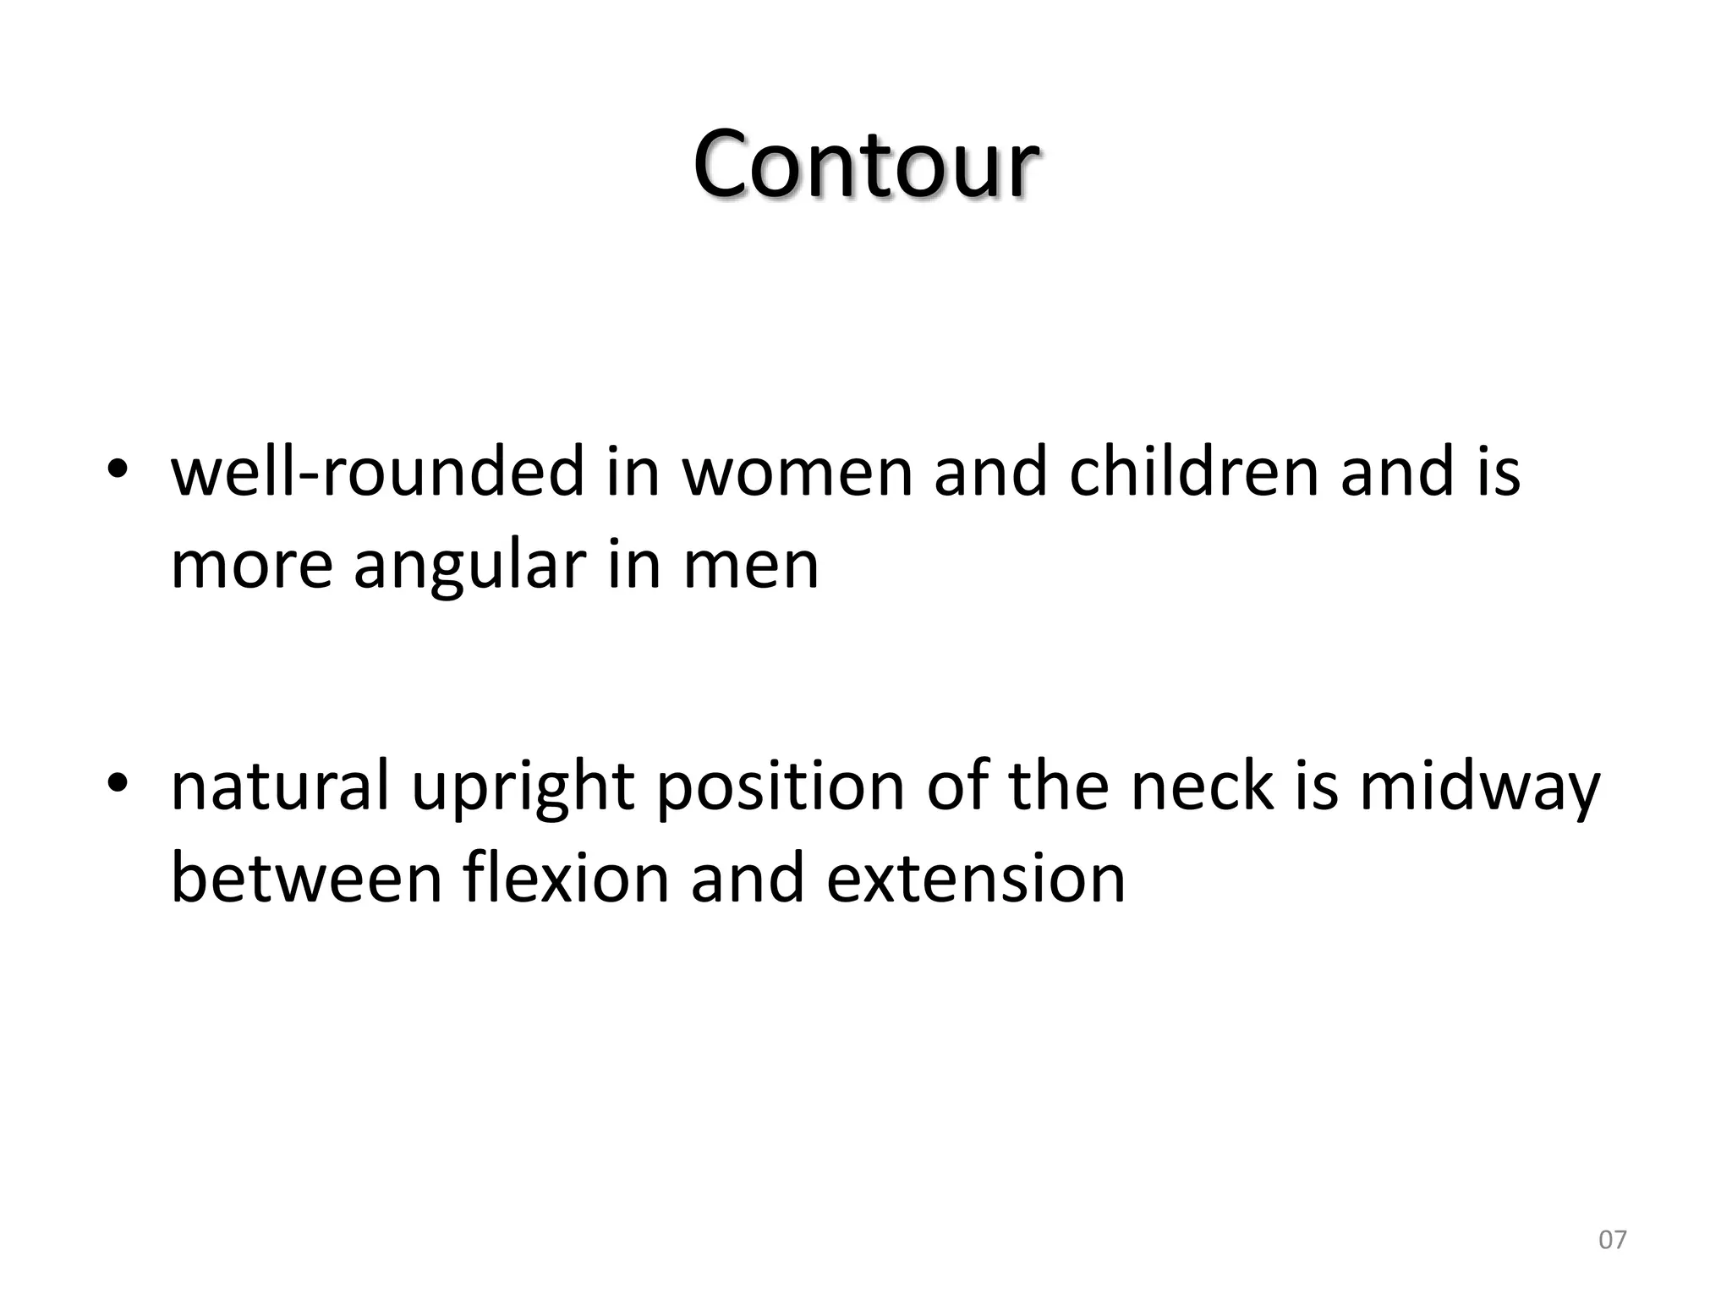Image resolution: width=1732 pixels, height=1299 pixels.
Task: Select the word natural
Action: (280, 787)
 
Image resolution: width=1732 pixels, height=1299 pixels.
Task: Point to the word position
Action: (780, 787)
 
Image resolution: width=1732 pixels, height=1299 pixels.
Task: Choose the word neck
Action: (1202, 787)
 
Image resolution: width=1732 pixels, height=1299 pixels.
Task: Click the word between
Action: (306, 880)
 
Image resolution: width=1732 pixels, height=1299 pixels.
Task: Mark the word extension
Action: (975, 880)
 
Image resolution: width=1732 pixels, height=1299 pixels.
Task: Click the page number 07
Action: (1612, 1241)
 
